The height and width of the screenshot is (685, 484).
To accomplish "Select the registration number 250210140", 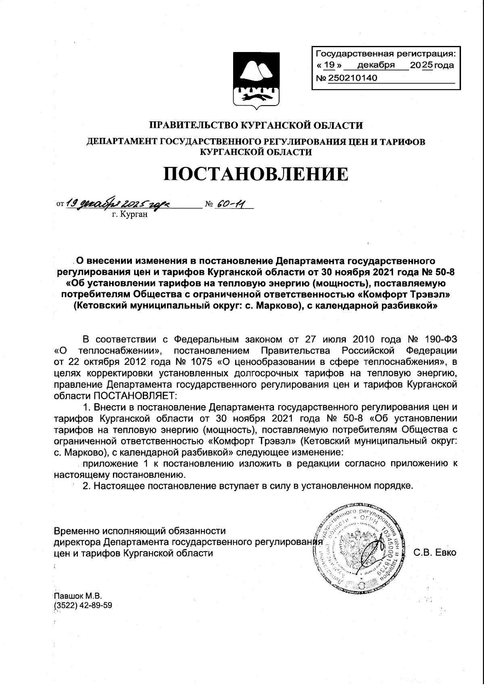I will pos(353,78).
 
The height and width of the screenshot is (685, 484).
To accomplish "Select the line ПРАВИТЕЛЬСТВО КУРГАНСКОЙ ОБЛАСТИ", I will pos(256,125).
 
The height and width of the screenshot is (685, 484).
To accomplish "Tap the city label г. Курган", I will pos(130,214).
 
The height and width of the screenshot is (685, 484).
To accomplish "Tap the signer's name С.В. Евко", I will pos(435,553).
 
